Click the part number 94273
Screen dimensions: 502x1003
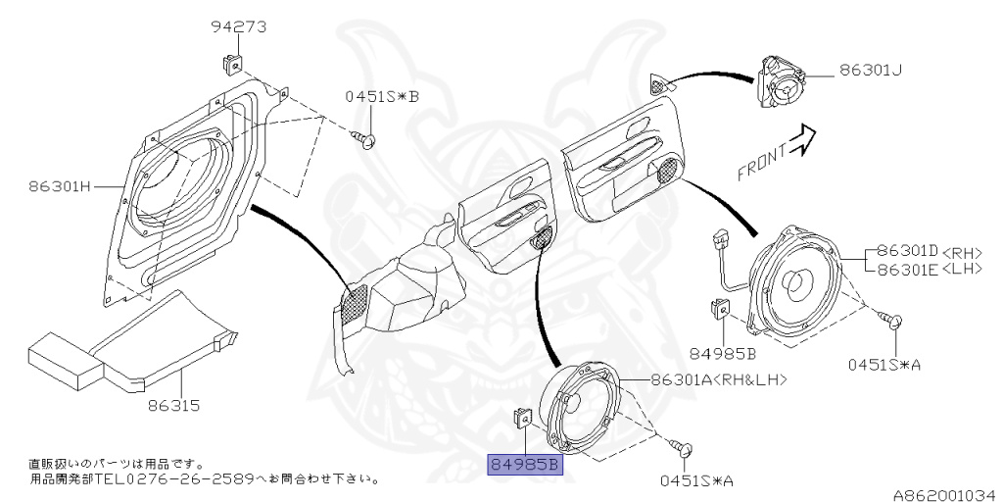point(239,26)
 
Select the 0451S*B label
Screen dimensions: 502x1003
point(381,96)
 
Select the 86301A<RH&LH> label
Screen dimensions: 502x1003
point(716,378)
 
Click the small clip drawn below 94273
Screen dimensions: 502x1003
point(230,66)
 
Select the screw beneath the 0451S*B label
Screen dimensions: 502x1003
point(368,142)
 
